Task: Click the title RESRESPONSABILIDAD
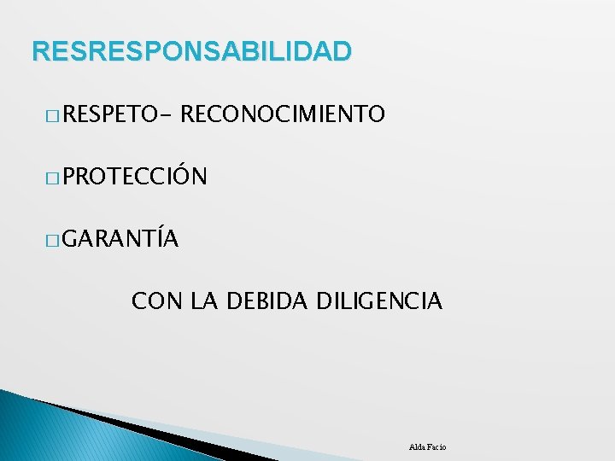(191, 51)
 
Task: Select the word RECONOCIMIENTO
(284, 114)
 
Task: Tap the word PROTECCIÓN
(134, 177)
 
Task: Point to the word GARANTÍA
(120, 239)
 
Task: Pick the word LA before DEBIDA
(204, 301)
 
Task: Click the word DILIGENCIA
(379, 301)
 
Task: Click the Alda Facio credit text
(428, 447)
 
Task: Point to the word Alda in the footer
(419, 447)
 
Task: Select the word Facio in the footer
(437, 447)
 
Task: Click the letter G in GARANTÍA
(70, 240)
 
